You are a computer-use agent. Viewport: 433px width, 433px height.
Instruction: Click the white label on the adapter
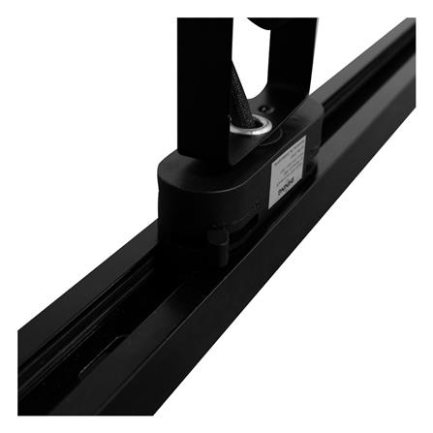(288, 171)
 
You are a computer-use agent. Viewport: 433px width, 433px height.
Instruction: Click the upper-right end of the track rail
(407, 39)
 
